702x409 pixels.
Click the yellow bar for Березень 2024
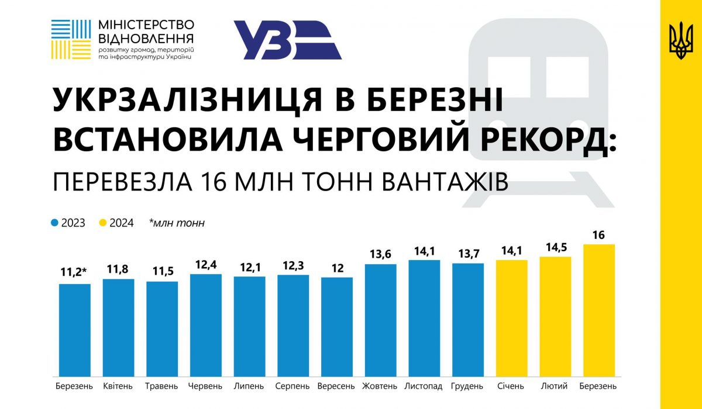599,310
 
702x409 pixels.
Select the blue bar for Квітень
118,328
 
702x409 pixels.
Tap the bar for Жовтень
381,320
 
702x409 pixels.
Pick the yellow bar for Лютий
555,317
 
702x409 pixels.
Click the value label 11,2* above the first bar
74,272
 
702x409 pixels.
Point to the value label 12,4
206,265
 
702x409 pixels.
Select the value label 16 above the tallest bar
598,235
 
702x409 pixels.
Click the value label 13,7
469,254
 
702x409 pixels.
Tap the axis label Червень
205,386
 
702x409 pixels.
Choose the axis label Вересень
336,386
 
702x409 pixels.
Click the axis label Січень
511,386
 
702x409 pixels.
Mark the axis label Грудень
467,386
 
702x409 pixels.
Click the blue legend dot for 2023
54,223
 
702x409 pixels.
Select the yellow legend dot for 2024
103,223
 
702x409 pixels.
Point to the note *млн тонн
177,223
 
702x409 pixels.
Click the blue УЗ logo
288,40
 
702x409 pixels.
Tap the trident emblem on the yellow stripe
681,40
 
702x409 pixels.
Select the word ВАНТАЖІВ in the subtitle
445,182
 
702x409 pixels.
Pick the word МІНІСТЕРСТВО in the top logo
146,25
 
